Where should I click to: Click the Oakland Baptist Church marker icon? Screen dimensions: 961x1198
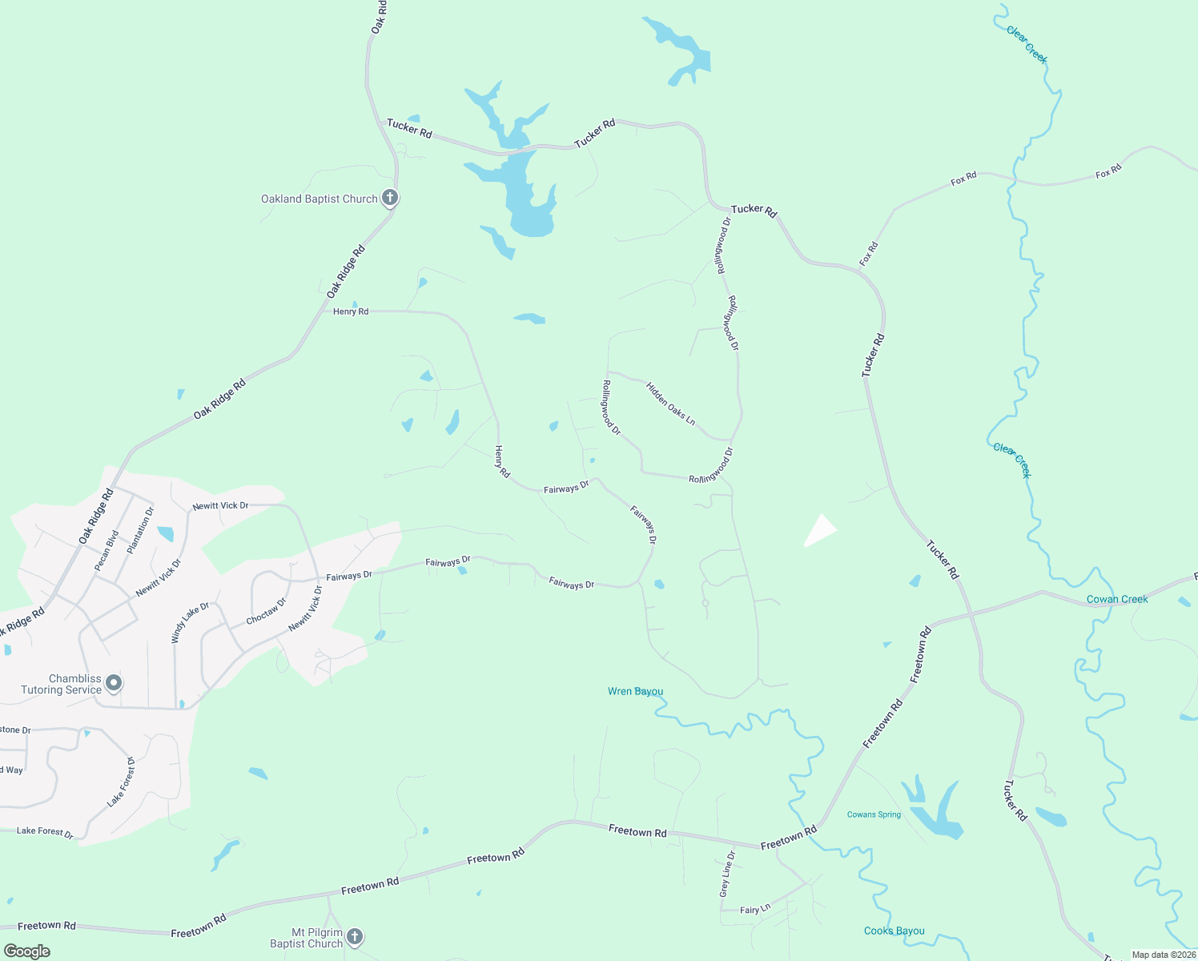(390, 198)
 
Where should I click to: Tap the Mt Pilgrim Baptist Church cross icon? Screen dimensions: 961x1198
(355, 936)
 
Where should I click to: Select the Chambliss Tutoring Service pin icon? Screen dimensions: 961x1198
(114, 683)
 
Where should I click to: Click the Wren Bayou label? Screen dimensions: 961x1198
(635, 691)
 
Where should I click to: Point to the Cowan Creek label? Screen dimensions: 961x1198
(1117, 599)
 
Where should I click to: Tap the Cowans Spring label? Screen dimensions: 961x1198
(874, 814)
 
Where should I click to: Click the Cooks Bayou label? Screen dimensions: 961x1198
(894, 931)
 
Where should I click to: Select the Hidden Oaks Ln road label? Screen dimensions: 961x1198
(671, 403)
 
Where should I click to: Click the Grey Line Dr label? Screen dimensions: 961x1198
(726, 874)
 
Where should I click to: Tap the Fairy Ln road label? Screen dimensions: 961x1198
(754, 909)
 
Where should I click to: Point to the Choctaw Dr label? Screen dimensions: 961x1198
(266, 612)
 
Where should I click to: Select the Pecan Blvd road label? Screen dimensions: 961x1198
(107, 550)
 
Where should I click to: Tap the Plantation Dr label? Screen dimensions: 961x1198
(140, 530)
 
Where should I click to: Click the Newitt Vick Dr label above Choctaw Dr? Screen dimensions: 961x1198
(220, 506)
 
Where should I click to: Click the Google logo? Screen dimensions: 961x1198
(27, 951)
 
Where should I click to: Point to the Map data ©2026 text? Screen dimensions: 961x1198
(1163, 955)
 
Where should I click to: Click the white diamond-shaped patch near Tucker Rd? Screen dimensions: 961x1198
(820, 530)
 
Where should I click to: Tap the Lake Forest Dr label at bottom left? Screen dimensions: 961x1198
(45, 831)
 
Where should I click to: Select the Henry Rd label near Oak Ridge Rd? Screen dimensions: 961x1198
(351, 312)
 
